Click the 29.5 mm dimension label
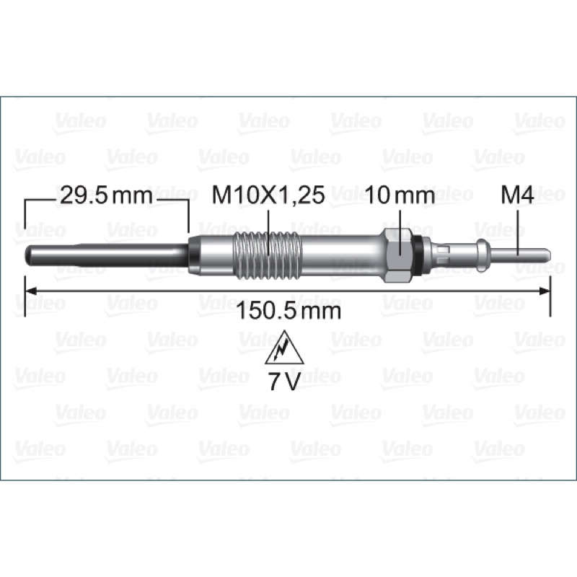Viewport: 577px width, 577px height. (105, 195)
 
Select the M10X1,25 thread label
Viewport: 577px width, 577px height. (268, 195)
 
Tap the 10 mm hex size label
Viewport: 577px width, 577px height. (400, 195)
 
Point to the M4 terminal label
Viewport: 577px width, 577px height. (517, 195)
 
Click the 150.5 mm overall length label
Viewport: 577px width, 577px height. (288, 311)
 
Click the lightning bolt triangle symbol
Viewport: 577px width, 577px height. (284, 348)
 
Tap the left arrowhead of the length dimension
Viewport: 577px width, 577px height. (31, 291)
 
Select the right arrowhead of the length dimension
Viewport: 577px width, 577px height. (545, 291)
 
